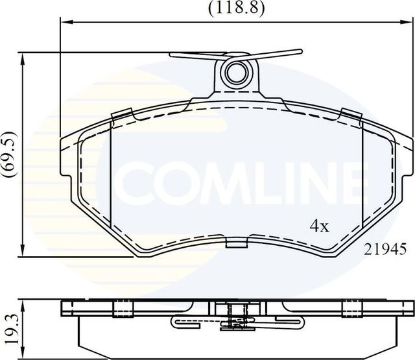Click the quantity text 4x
tap(319, 226)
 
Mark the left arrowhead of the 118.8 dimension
tap(64, 21)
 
